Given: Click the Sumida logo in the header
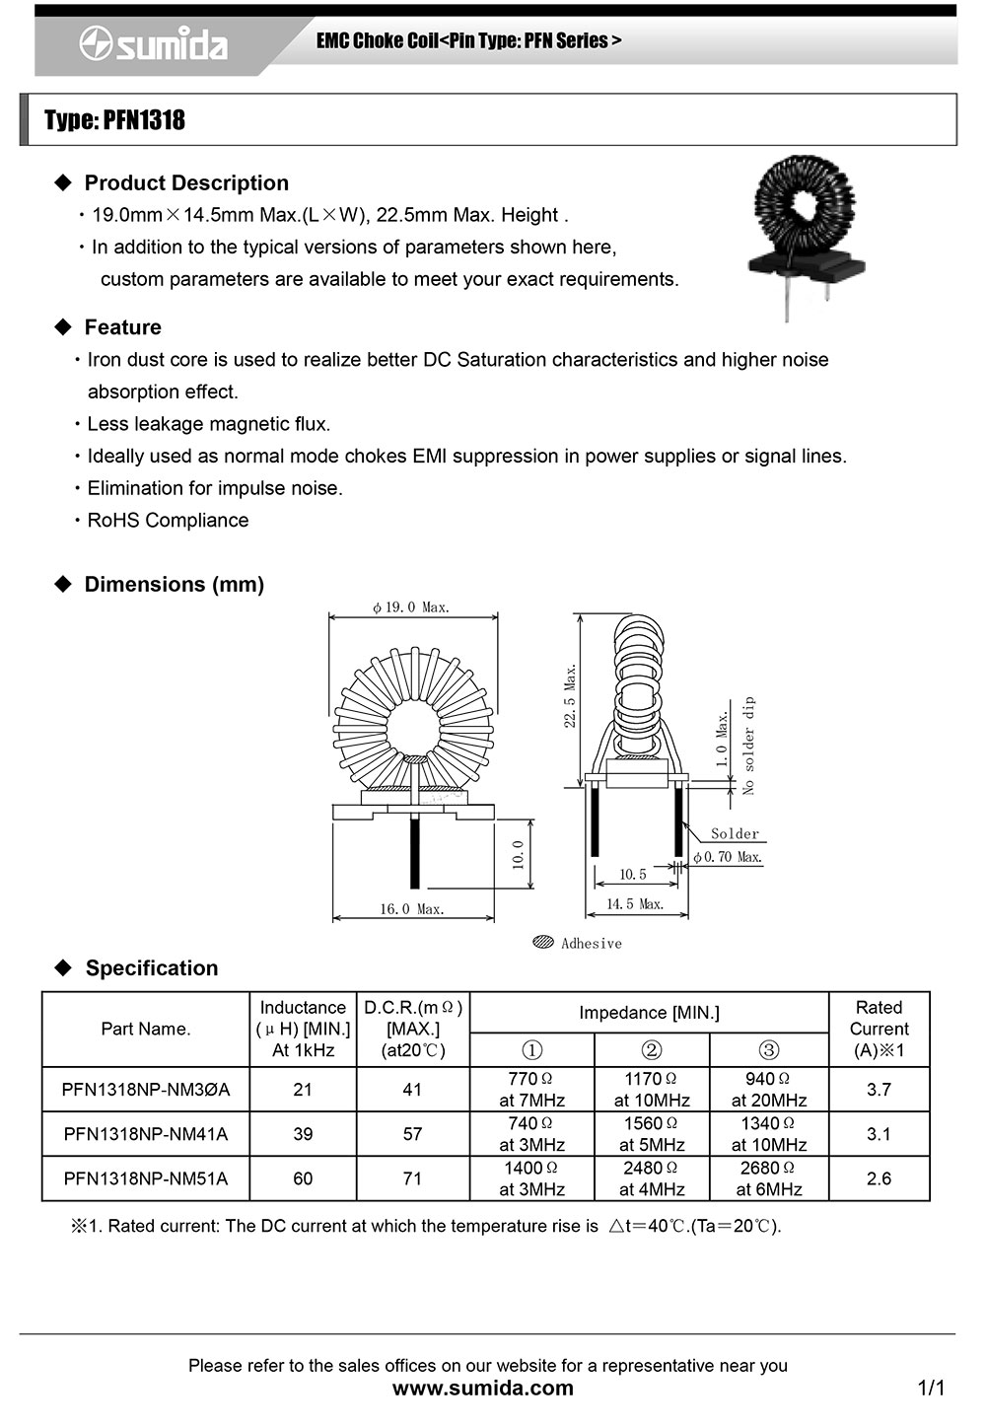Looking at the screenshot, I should pos(154,44).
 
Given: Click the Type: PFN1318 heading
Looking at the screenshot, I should pos(114,120).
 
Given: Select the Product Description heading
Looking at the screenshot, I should pos(185,182).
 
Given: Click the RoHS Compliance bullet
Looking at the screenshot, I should pos(168,520).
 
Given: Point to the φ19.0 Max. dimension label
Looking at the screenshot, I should pos(411,607).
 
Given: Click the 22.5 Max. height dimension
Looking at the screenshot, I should pos(571,695).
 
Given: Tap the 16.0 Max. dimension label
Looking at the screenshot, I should pos(412,909).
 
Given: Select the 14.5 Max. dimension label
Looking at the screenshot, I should pos(634,903).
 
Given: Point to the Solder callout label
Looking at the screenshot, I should pos(735,833).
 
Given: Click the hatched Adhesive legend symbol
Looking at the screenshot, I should pos(542,942).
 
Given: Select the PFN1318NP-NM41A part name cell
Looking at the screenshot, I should pos(146,1134).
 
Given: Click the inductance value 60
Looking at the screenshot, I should pos(303,1178).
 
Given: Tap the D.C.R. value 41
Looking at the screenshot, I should pos(412,1090).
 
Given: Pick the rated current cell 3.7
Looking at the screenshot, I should pos(879,1090).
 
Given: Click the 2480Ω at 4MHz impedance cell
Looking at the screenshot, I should pos(652,1178).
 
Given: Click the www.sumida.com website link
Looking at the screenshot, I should pos(483,1389).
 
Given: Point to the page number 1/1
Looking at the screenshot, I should pos(931,1389).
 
